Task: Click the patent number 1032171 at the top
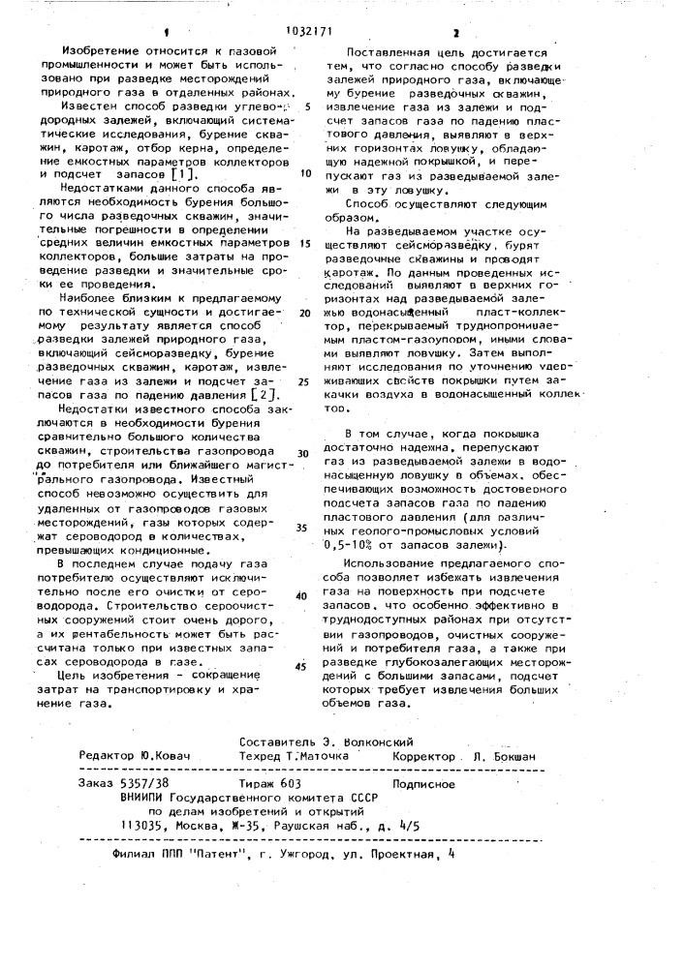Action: pyautogui.click(x=343, y=15)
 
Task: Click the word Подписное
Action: pyautogui.click(x=430, y=783)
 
